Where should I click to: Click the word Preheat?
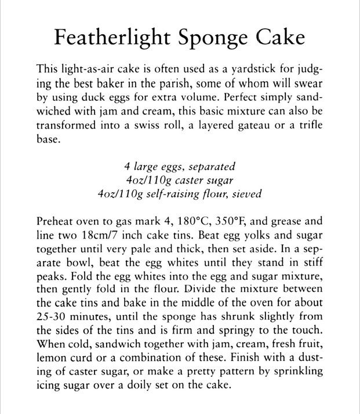click(x=55, y=222)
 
